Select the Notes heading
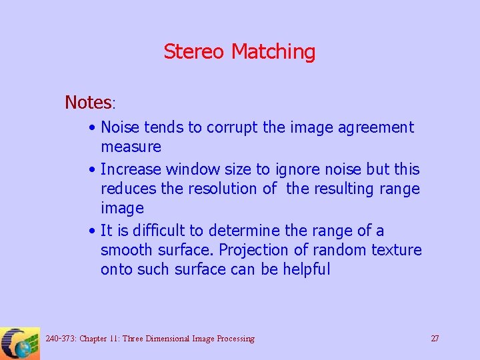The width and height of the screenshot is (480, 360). click(89, 103)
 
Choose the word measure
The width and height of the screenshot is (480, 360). click(131, 147)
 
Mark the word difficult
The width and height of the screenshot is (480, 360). click(158, 231)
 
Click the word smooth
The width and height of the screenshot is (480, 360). click(127, 251)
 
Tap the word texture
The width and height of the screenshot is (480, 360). click(397, 251)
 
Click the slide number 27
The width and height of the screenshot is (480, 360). click(435, 339)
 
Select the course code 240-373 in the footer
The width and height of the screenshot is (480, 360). click(60, 339)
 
